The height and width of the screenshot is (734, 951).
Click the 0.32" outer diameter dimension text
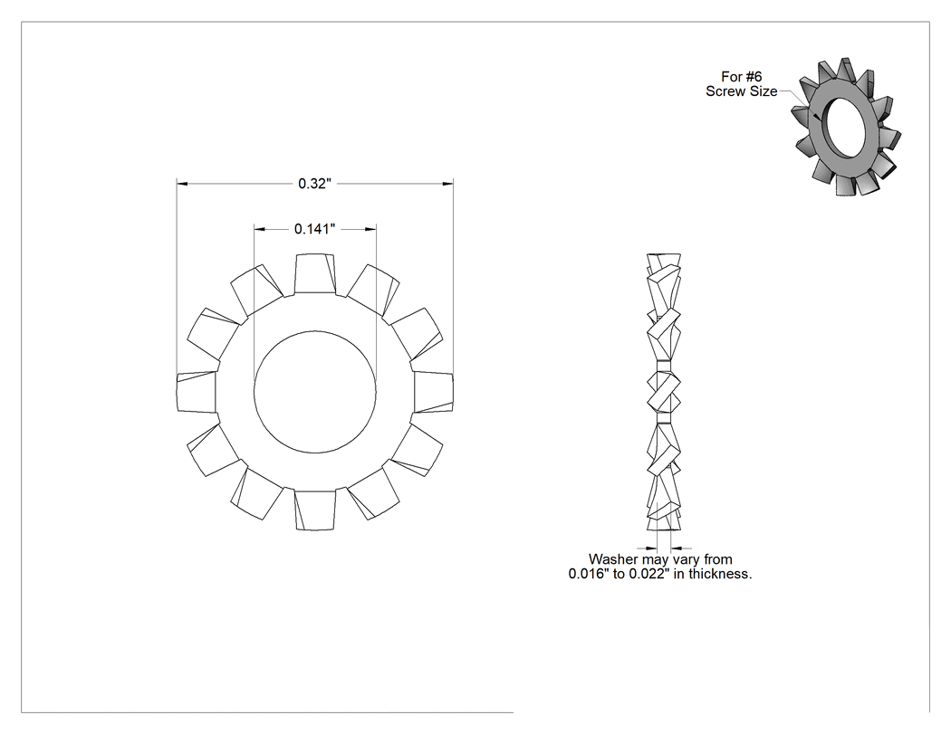coord(315,184)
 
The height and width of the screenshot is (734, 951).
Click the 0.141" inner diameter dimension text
coord(315,229)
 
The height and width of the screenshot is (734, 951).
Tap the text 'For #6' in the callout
coord(741,77)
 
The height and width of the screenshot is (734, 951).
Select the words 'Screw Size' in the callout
coord(741,91)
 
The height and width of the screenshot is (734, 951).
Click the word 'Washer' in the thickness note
coord(612,559)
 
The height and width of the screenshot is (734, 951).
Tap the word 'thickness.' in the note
coord(720,574)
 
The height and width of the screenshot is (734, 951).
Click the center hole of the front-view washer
coord(315,392)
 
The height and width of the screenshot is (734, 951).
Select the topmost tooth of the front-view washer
coord(315,274)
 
